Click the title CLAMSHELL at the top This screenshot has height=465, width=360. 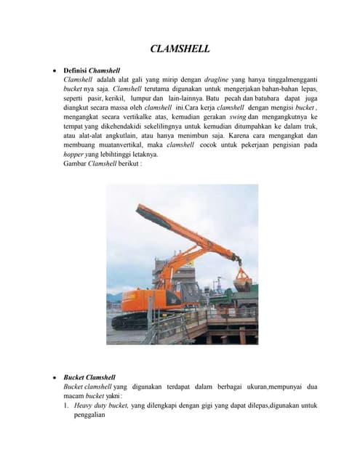(180, 49)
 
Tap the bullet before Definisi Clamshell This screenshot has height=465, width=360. (56, 70)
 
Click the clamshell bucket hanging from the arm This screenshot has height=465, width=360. (242, 278)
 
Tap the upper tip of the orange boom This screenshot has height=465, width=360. (139, 209)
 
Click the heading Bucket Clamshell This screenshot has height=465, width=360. (89, 378)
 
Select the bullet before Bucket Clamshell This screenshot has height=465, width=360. (56, 378)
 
